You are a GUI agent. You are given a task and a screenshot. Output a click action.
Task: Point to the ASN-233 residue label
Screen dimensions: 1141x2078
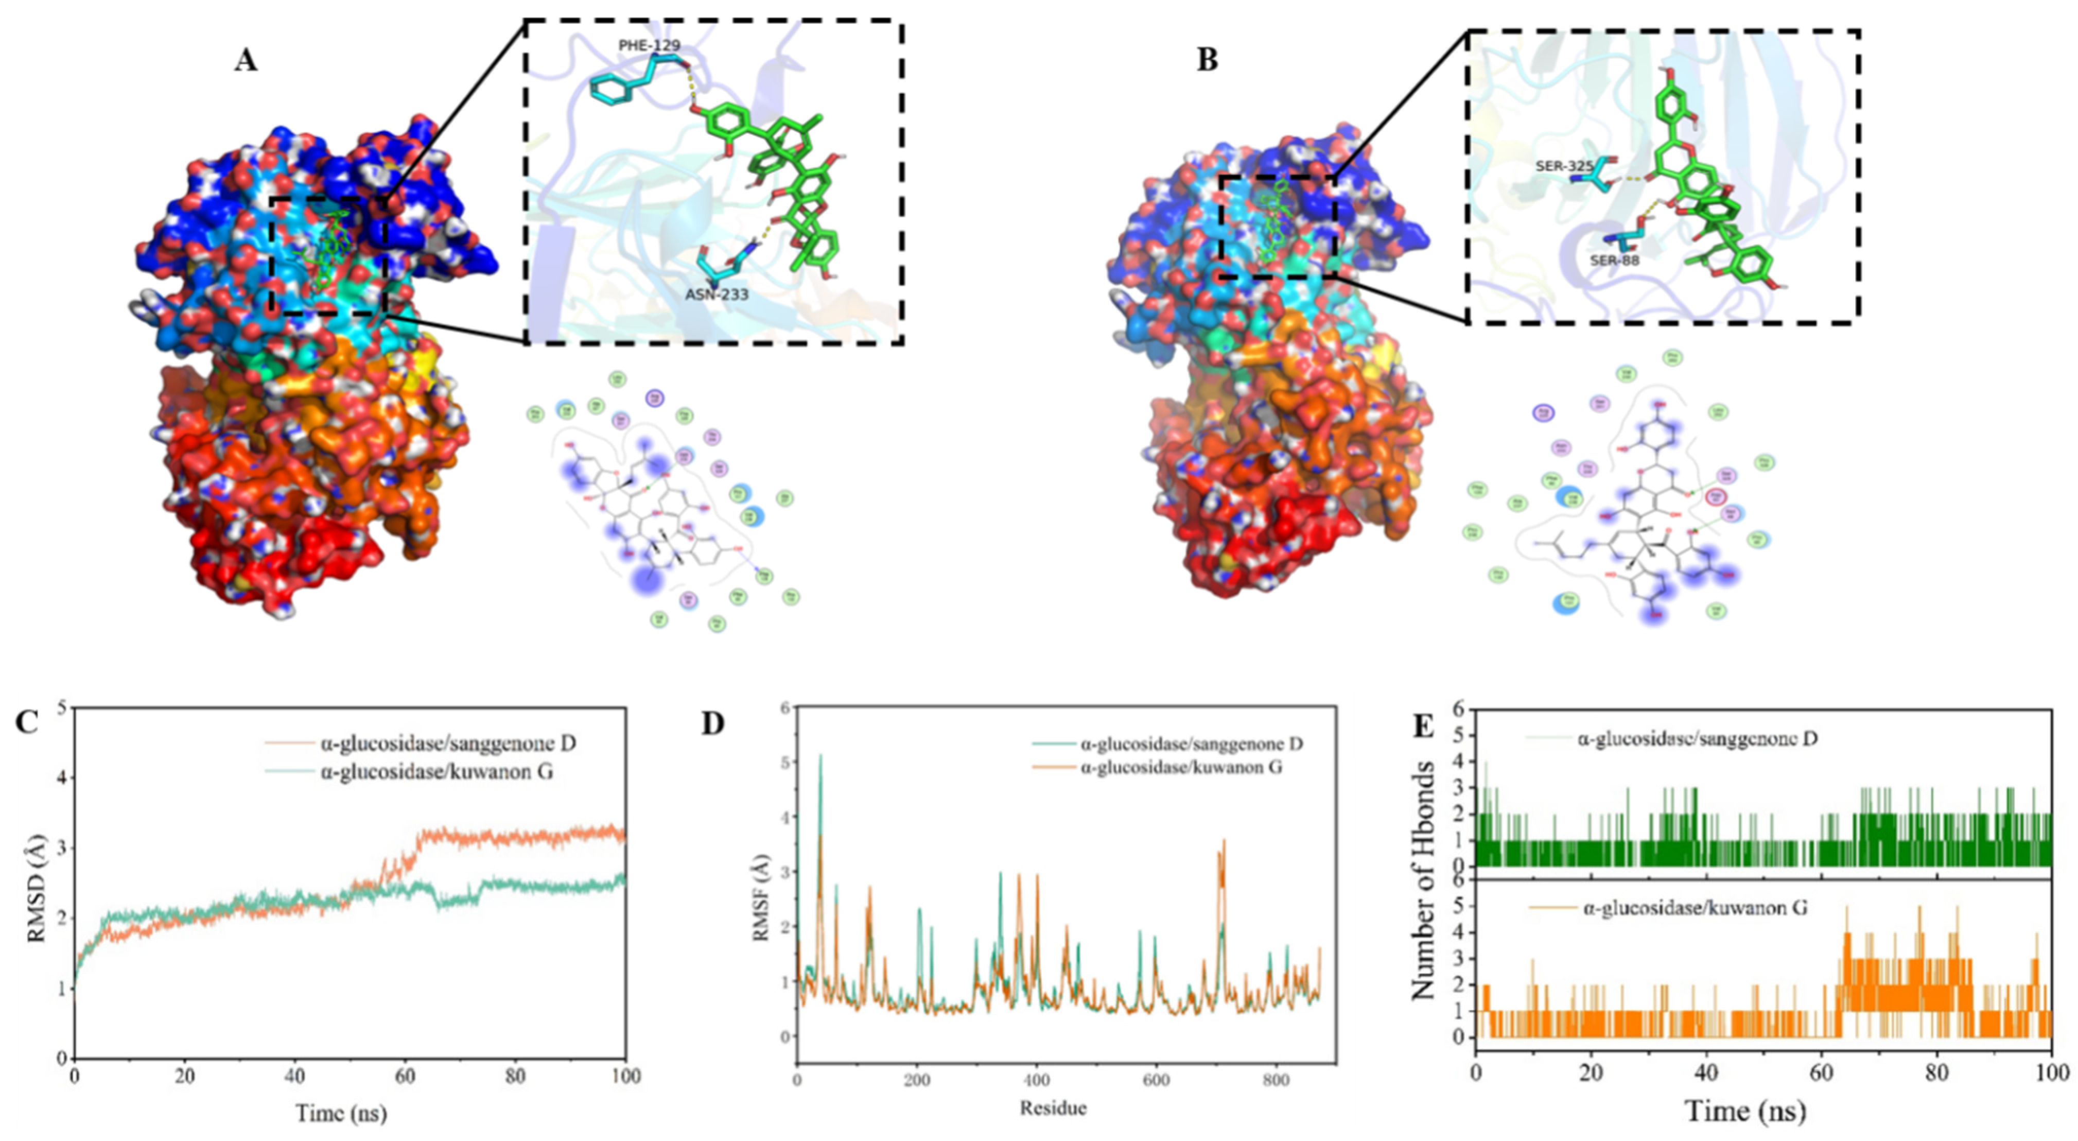(x=717, y=295)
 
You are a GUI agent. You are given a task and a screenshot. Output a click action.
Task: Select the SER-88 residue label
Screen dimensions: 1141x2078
(x=1614, y=261)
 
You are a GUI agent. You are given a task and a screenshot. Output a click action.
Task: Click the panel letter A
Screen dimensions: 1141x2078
(x=246, y=60)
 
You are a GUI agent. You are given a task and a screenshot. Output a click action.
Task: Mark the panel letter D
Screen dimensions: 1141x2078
(x=713, y=724)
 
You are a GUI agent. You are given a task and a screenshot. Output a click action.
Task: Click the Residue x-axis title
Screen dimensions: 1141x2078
(x=1053, y=1108)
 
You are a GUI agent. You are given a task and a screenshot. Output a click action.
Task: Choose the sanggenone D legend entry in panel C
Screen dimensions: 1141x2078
(x=448, y=742)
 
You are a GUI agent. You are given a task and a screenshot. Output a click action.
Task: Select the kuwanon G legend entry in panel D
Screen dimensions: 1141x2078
(x=1180, y=767)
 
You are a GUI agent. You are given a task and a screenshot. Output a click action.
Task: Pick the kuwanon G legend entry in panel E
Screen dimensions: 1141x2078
(x=1694, y=908)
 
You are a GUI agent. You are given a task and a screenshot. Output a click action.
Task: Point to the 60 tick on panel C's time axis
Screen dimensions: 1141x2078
(x=405, y=1076)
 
